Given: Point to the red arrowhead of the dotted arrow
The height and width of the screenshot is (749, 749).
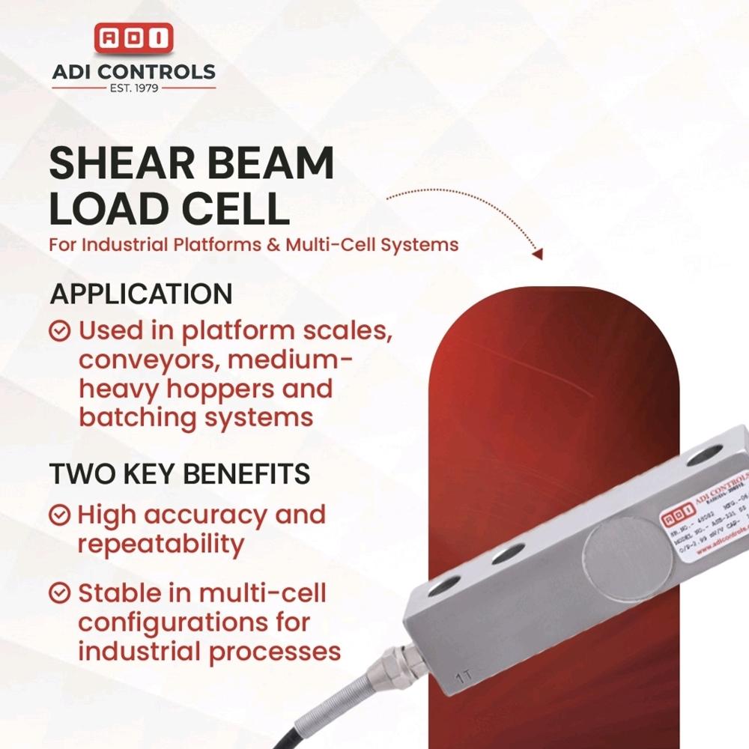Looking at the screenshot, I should click(x=536, y=254).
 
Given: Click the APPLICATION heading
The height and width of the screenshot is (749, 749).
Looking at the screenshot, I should click(x=141, y=294).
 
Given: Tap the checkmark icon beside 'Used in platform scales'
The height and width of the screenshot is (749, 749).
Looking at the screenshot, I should click(x=60, y=330).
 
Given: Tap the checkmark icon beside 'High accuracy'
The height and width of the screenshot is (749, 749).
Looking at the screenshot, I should click(x=60, y=515).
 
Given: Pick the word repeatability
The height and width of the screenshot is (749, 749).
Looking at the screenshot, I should click(x=161, y=545).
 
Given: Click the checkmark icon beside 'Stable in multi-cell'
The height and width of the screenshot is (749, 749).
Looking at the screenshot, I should click(x=60, y=594).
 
